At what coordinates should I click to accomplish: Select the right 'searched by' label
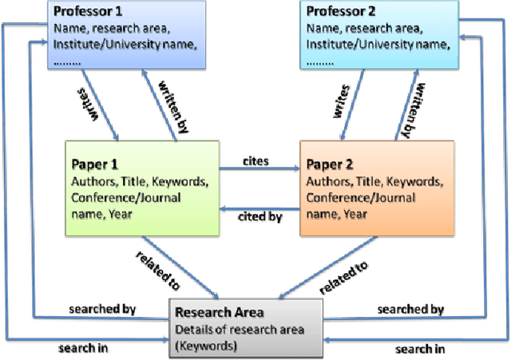click(410, 309)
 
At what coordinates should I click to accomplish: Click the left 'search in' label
click(86, 347)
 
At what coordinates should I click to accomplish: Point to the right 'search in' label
click(419, 349)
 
